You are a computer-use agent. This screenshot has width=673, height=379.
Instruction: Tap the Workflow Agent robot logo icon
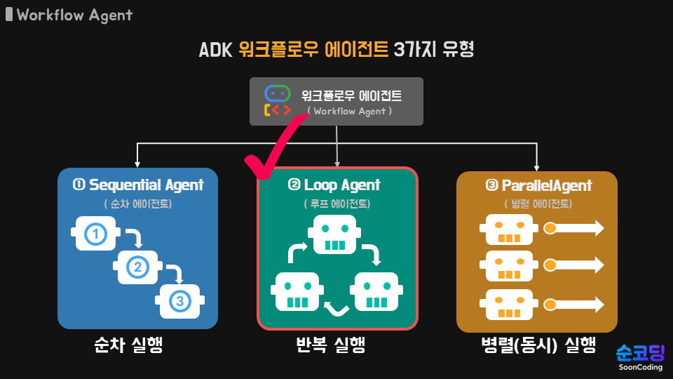click(x=277, y=101)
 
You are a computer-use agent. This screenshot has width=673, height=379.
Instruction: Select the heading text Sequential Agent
click(x=138, y=185)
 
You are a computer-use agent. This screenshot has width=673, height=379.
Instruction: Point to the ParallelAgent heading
click(x=538, y=186)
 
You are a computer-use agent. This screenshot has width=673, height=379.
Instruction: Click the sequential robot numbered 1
click(x=95, y=234)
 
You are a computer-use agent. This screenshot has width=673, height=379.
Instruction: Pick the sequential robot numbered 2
click(x=137, y=267)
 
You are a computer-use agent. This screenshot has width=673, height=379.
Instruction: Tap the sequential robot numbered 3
click(x=179, y=300)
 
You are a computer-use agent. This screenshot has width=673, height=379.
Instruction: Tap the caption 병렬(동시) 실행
click(x=538, y=345)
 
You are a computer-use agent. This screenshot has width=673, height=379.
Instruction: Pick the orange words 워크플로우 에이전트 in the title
click(x=313, y=50)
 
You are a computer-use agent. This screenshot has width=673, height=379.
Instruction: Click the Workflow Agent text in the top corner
click(x=74, y=15)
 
